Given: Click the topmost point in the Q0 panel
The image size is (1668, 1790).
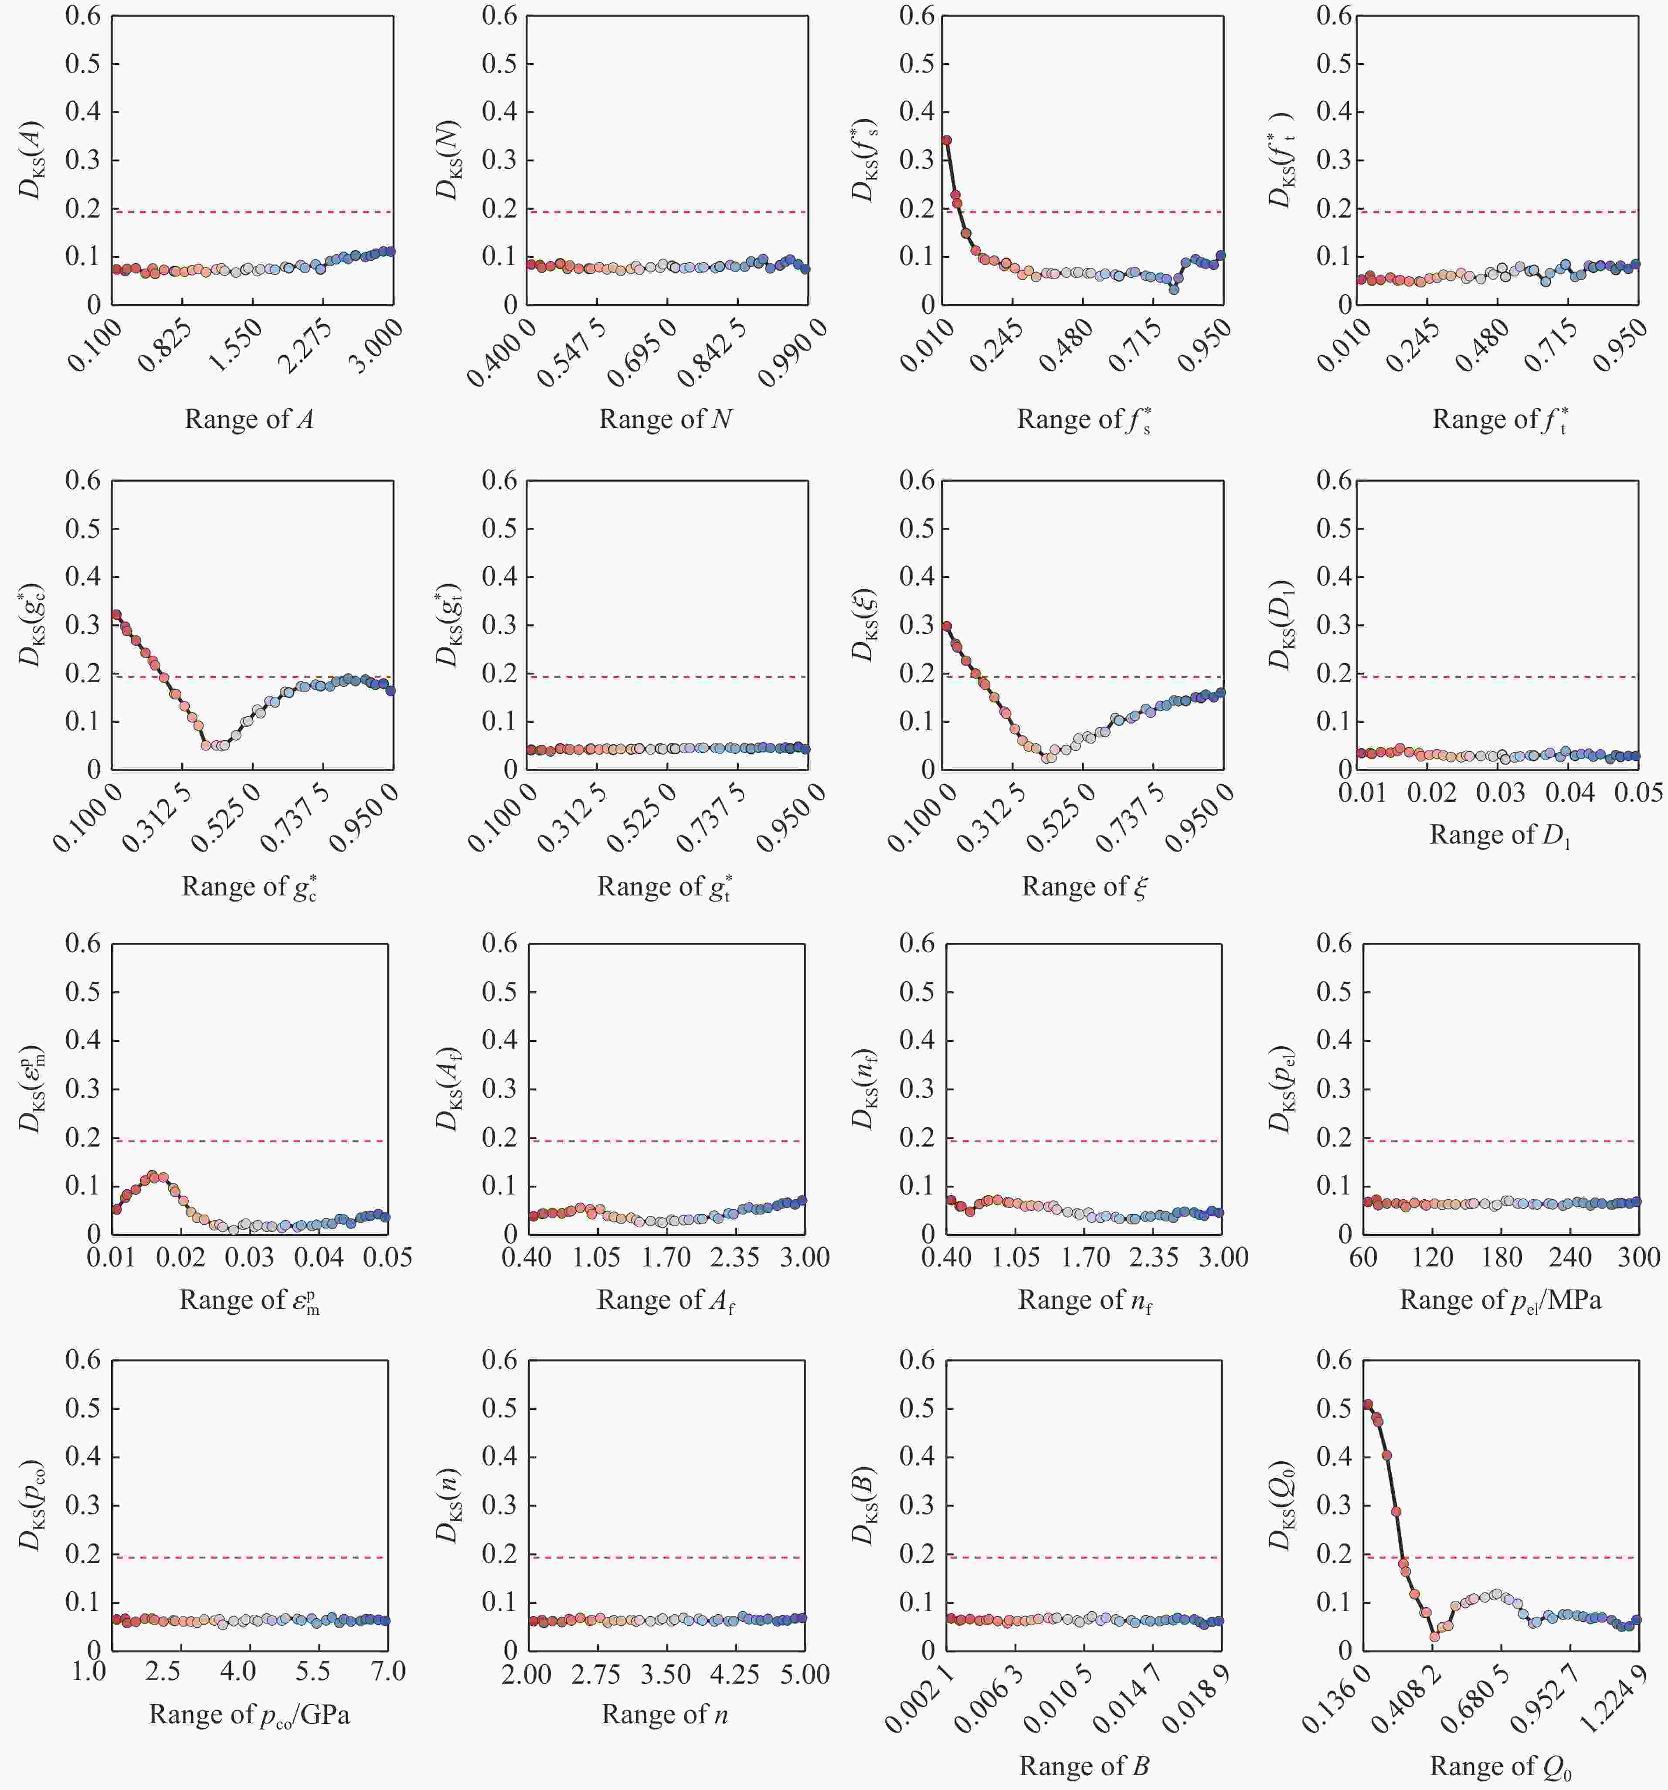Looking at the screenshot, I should pos(1367,1405).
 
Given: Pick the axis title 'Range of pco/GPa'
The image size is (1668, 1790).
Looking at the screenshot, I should pos(248,1715).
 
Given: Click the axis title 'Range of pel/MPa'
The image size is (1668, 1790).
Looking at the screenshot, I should pos(1500,1300).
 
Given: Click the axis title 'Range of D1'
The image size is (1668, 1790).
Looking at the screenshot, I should pos(1500,836).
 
